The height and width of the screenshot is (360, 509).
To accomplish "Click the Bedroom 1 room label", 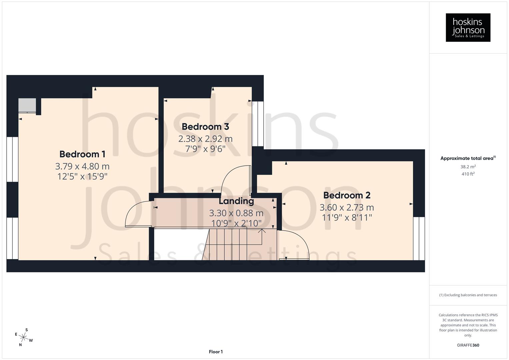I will tap(82, 154).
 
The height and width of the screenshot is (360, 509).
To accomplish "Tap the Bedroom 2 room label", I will tap(347, 195).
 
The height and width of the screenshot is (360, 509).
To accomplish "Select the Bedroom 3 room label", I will tap(205, 127).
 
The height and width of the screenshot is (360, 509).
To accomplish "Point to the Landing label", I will tap(236, 201).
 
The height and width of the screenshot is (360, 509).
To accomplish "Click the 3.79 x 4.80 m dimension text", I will tap(82, 166).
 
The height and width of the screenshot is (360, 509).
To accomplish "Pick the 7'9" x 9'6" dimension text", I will tap(205, 149).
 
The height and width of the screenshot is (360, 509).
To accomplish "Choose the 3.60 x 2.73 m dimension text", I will tap(347, 207).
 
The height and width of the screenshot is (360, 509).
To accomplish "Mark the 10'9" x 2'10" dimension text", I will tap(236, 223).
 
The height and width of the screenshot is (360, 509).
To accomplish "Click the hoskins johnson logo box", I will tap(468, 28).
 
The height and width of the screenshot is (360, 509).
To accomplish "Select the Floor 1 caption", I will tap(216, 352).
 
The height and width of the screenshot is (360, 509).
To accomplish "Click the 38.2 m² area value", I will tap(468, 167).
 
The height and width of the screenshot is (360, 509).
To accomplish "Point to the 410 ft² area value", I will tap(468, 174).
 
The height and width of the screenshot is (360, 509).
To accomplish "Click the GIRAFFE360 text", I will tap(468, 345).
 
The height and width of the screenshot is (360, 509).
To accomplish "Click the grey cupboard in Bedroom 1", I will tap(27, 105).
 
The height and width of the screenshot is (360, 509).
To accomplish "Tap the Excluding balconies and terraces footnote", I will tap(468, 295).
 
